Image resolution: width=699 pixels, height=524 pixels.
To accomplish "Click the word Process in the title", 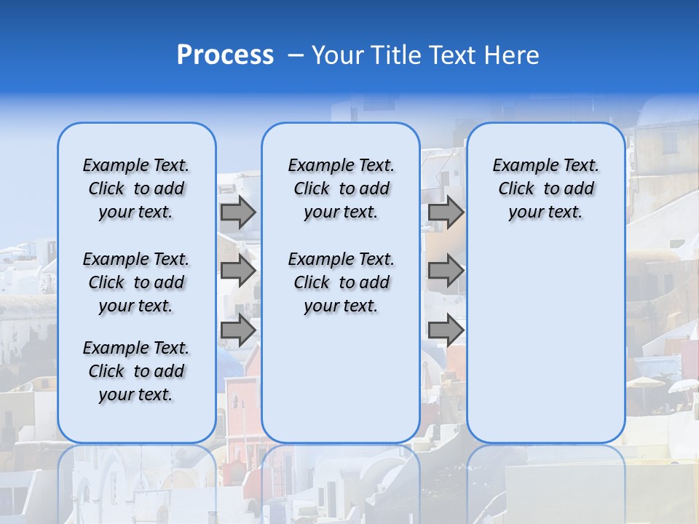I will [225, 55].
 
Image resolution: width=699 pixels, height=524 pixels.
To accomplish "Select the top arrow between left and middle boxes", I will [238, 212].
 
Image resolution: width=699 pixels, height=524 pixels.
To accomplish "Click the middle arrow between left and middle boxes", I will [238, 271].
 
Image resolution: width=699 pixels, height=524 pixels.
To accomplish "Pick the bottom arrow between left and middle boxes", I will [238, 330].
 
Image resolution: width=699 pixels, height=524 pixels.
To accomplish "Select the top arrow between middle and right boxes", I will [446, 212].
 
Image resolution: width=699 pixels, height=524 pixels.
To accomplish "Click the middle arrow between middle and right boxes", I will [446, 271].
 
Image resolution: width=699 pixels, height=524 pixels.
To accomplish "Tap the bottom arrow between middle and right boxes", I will [446, 330].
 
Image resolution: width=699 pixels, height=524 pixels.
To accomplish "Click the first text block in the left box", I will [136, 188].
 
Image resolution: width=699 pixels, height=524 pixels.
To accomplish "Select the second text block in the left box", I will [136, 282].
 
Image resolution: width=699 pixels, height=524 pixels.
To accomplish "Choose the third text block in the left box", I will [136, 371].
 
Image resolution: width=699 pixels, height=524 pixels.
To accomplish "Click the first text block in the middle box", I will [341, 188].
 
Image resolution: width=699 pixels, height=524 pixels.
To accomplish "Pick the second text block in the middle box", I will [341, 282].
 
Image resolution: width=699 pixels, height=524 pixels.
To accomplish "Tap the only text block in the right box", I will [545, 188].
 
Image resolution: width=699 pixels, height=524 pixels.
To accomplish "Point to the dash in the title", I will [295, 56].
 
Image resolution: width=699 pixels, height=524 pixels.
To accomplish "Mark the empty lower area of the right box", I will [545, 349].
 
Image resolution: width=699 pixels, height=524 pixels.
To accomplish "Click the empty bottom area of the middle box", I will [341, 386].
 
